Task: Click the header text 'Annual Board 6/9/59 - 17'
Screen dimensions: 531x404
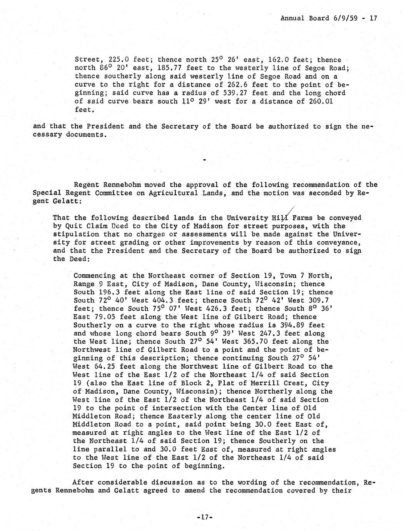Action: [x=329, y=18]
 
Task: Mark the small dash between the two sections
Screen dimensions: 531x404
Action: [x=204, y=159]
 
